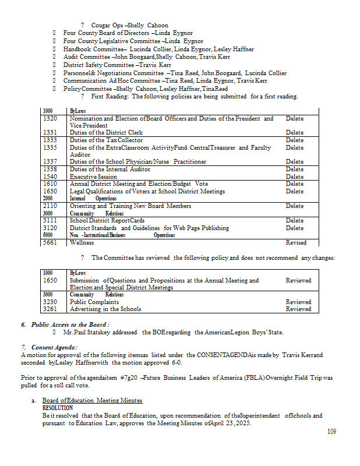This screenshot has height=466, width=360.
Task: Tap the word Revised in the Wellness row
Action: [x=296, y=242]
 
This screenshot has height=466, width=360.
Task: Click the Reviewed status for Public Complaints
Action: [x=298, y=302]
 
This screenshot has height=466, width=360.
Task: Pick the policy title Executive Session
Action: [x=93, y=176]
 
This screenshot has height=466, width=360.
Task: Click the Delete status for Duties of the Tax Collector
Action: [x=294, y=140]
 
